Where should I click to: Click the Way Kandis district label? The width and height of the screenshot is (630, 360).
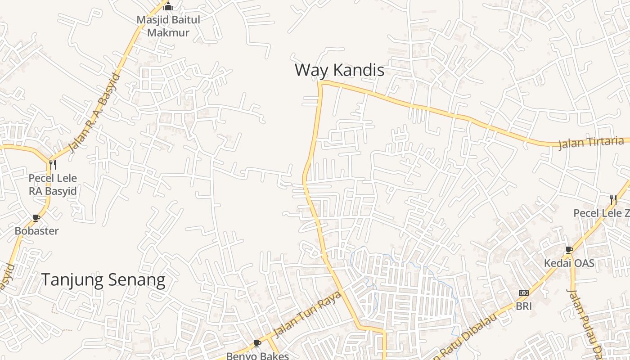point(339,70)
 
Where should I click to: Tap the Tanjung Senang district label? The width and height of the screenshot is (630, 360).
point(103,280)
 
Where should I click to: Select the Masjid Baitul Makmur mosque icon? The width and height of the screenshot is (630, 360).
point(168,6)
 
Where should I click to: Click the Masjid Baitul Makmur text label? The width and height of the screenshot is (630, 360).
point(168,26)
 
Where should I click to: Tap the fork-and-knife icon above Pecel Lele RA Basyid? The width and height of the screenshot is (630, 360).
point(53,164)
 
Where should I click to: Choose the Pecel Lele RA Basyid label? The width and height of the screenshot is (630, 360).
point(53,184)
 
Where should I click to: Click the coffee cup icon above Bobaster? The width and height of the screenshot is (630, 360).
point(36,218)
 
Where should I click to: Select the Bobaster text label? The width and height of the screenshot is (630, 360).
point(36,231)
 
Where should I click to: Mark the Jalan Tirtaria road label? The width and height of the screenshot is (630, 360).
point(591,143)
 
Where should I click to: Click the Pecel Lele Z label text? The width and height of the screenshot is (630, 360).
point(601,213)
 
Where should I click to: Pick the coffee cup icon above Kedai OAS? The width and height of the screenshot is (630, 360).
point(569,249)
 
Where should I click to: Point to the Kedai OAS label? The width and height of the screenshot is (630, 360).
point(569,263)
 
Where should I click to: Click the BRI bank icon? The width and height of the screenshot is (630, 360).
point(523,293)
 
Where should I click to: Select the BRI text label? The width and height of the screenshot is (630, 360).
point(524,306)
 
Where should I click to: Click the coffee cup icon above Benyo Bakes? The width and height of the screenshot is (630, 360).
point(257,343)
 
